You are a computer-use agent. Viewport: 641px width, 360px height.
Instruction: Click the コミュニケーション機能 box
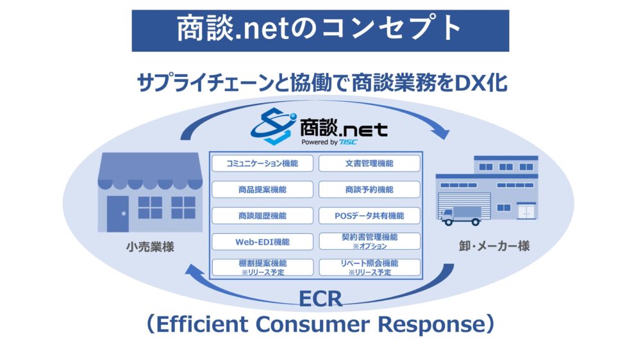click(x=262, y=163)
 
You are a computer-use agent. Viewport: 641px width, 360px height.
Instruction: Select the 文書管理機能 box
click(x=370, y=163)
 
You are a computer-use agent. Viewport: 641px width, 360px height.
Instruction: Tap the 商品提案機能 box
click(x=262, y=190)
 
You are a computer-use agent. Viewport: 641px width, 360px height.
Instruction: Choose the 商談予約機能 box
click(x=370, y=190)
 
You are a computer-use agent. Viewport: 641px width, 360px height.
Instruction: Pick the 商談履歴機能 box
click(x=262, y=216)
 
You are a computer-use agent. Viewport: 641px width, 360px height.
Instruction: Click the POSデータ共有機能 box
click(x=370, y=216)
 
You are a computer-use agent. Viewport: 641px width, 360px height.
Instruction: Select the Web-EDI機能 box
click(x=262, y=242)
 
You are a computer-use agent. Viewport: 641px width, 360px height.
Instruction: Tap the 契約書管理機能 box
click(x=370, y=241)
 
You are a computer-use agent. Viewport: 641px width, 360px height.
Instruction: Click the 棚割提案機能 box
click(x=262, y=268)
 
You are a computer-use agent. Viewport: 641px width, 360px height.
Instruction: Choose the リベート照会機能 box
click(x=370, y=268)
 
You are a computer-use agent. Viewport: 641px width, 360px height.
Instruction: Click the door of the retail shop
click(x=118, y=214)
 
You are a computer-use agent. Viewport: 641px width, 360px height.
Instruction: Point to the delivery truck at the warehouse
click(x=460, y=216)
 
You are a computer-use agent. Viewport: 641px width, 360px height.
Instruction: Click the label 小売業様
click(x=150, y=247)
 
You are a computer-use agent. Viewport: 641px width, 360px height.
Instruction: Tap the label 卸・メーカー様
click(x=494, y=246)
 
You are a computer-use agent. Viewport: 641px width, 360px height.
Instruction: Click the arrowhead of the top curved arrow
click(x=441, y=131)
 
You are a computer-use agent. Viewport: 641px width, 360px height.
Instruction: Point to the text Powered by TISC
click(x=329, y=142)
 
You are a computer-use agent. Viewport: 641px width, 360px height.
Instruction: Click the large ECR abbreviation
click(x=320, y=299)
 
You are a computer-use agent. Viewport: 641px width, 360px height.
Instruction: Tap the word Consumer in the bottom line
click(x=313, y=324)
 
